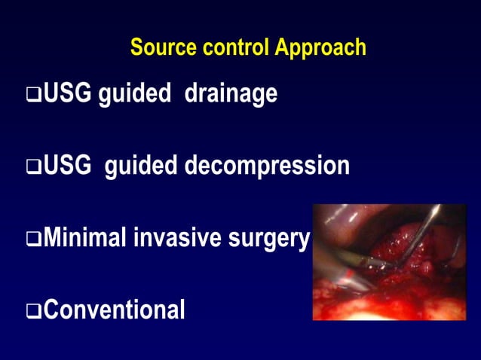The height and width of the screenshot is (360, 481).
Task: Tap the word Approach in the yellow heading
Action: coord(320,47)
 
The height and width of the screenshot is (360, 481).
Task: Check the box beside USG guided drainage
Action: coord(34,96)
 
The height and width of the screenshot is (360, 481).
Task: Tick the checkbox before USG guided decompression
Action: coord(34,167)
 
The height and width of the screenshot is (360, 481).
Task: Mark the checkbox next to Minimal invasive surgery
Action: coord(34,239)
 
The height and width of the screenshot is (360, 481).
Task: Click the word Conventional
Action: coord(114,310)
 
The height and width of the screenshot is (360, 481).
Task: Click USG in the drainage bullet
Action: coord(69,94)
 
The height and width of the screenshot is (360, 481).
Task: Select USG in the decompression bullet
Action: coord(69,166)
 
